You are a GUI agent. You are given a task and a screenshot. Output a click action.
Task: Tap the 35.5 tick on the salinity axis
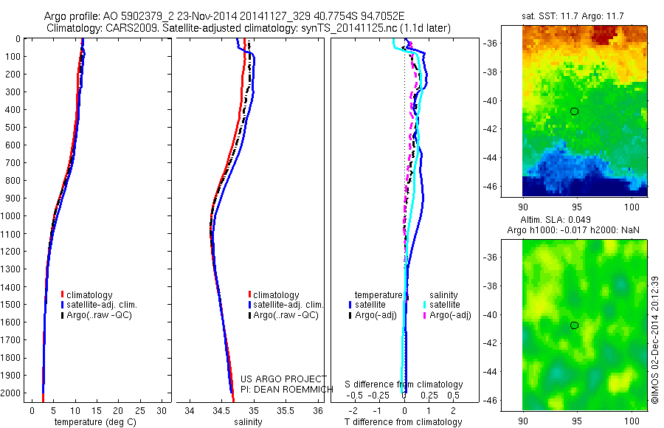point(287,410)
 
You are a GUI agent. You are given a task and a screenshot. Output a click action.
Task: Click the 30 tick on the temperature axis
point(161,410)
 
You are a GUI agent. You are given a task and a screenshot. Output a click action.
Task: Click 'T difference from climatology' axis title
point(404,422)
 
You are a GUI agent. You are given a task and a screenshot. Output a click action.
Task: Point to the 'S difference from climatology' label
point(404,384)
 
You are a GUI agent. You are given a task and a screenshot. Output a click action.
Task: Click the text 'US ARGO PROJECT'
point(283,379)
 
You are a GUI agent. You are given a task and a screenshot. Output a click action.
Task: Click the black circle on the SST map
point(574,111)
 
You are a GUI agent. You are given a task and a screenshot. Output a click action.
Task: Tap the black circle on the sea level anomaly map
point(574,325)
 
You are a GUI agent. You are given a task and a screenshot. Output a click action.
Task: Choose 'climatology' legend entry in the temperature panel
point(87,295)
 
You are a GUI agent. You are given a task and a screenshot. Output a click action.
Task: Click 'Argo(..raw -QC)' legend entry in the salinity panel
point(285,315)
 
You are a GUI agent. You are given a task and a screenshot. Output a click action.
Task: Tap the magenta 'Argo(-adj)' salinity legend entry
point(449,315)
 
